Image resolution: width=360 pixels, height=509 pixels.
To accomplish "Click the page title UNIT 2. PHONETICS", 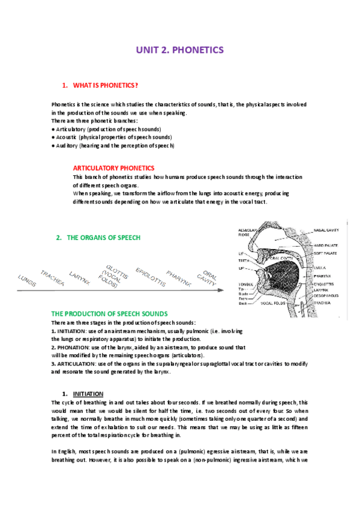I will (x=179, y=51).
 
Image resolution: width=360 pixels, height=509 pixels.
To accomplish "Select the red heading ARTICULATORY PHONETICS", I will (x=113, y=168).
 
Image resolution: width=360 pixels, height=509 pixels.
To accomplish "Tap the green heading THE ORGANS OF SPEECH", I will (x=103, y=238).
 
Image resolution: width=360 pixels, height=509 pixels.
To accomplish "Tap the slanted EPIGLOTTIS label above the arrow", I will (x=150, y=276).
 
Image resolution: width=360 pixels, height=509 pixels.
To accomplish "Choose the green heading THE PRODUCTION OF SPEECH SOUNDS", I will (x=109, y=314).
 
